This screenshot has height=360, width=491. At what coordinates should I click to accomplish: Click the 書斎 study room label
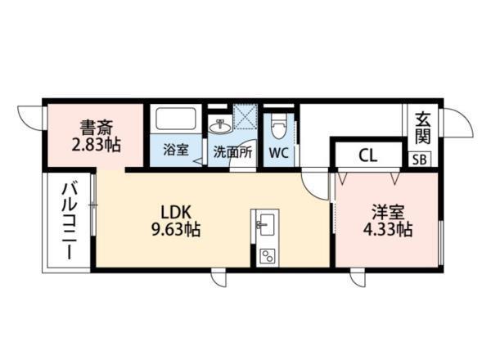pos(96,127)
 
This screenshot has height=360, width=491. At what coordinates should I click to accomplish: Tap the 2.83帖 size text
pos(96,145)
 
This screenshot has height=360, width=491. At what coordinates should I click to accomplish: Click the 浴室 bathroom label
pos(174,151)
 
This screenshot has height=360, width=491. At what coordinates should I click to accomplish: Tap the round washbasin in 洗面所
pos(219,127)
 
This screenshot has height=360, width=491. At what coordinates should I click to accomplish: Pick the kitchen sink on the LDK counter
pos(265,223)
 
